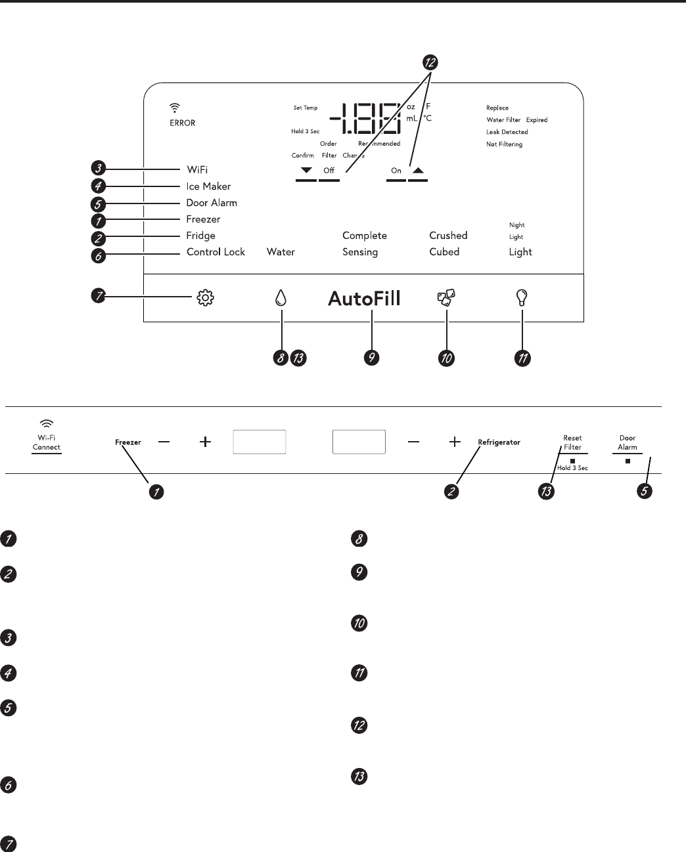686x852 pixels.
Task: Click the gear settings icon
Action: click(x=206, y=299)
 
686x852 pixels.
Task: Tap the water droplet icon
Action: click(x=281, y=299)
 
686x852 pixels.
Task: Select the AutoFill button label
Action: click(x=364, y=299)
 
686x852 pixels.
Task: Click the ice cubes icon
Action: click(x=446, y=299)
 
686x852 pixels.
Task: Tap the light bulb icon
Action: click(x=522, y=299)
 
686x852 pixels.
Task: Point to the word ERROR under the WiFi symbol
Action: click(x=183, y=123)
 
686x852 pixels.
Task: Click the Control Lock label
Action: click(x=216, y=252)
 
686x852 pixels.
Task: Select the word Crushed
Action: click(x=448, y=236)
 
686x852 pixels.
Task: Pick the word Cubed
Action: click(x=444, y=252)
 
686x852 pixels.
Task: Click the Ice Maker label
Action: click(x=208, y=186)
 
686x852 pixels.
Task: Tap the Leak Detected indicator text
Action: click(x=507, y=132)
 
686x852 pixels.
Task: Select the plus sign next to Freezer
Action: click(x=206, y=442)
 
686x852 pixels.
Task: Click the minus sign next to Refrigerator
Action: click(x=413, y=442)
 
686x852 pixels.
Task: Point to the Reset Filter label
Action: click(x=572, y=442)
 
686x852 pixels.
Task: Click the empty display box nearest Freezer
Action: click(x=260, y=442)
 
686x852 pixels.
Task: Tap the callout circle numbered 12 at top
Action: click(x=430, y=63)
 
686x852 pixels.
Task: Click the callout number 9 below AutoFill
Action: click(x=372, y=358)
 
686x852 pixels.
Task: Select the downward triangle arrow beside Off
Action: click(x=306, y=170)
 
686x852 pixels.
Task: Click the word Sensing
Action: click(x=360, y=252)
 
